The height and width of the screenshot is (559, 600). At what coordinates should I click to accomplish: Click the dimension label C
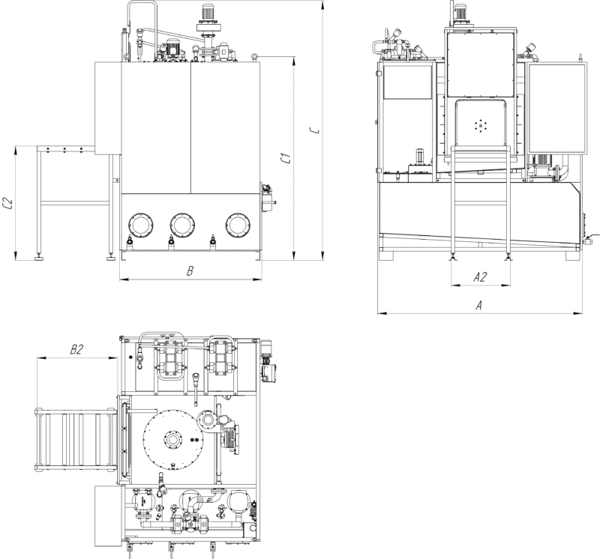tap(315, 130)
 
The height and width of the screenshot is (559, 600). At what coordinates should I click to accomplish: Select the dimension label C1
tap(286, 158)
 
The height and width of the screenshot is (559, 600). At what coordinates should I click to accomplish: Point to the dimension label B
tap(190, 271)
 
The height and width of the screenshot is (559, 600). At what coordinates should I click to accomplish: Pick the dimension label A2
tap(480, 277)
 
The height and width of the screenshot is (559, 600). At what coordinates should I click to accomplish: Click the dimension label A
tap(478, 305)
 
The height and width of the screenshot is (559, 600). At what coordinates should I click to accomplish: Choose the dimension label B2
tap(76, 349)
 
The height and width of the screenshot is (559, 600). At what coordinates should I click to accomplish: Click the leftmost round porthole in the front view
tap(141, 225)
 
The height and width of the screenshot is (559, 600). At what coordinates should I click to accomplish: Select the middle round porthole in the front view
tap(182, 225)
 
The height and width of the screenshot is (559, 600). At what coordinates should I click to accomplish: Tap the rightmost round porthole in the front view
tap(238, 225)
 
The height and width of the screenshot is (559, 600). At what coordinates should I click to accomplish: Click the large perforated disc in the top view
tap(173, 440)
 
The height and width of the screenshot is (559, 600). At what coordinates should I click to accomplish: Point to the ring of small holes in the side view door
tap(479, 125)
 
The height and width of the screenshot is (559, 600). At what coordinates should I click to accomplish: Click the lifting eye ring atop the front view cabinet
tap(253, 57)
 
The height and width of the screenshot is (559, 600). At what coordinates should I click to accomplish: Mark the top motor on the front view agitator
tap(208, 12)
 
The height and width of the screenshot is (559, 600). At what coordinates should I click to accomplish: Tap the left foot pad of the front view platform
tap(39, 258)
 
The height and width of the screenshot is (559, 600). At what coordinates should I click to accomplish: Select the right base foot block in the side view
tap(573, 256)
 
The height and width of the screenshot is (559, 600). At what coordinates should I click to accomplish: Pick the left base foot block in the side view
tap(386, 256)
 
